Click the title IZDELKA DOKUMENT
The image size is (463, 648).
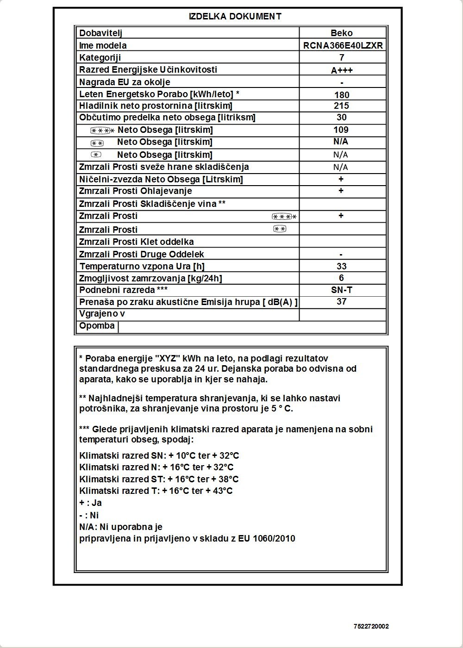coord(235,17)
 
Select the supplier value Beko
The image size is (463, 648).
coord(342,33)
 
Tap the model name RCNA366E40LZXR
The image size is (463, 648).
coord(343,45)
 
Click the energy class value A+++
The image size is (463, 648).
coord(342,70)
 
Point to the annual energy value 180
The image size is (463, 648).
coord(342,95)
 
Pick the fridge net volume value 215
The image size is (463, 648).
coord(342,106)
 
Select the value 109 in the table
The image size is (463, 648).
coord(341,130)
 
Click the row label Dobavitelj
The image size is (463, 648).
coord(100,33)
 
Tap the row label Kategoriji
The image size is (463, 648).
coord(100,57)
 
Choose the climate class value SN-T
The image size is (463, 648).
coord(342,290)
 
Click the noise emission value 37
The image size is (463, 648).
coord(342,301)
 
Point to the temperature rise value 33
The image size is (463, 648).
coord(342,266)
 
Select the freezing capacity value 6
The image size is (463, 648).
coord(342,278)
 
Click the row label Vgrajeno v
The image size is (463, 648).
coord(102,314)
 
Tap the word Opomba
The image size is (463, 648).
coord(97,326)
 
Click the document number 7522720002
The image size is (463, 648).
coord(371,627)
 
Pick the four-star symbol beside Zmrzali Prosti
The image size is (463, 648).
coord(284,217)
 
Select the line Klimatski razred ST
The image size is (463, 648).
coord(159,479)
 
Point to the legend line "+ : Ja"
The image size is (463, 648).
coord(90,503)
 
